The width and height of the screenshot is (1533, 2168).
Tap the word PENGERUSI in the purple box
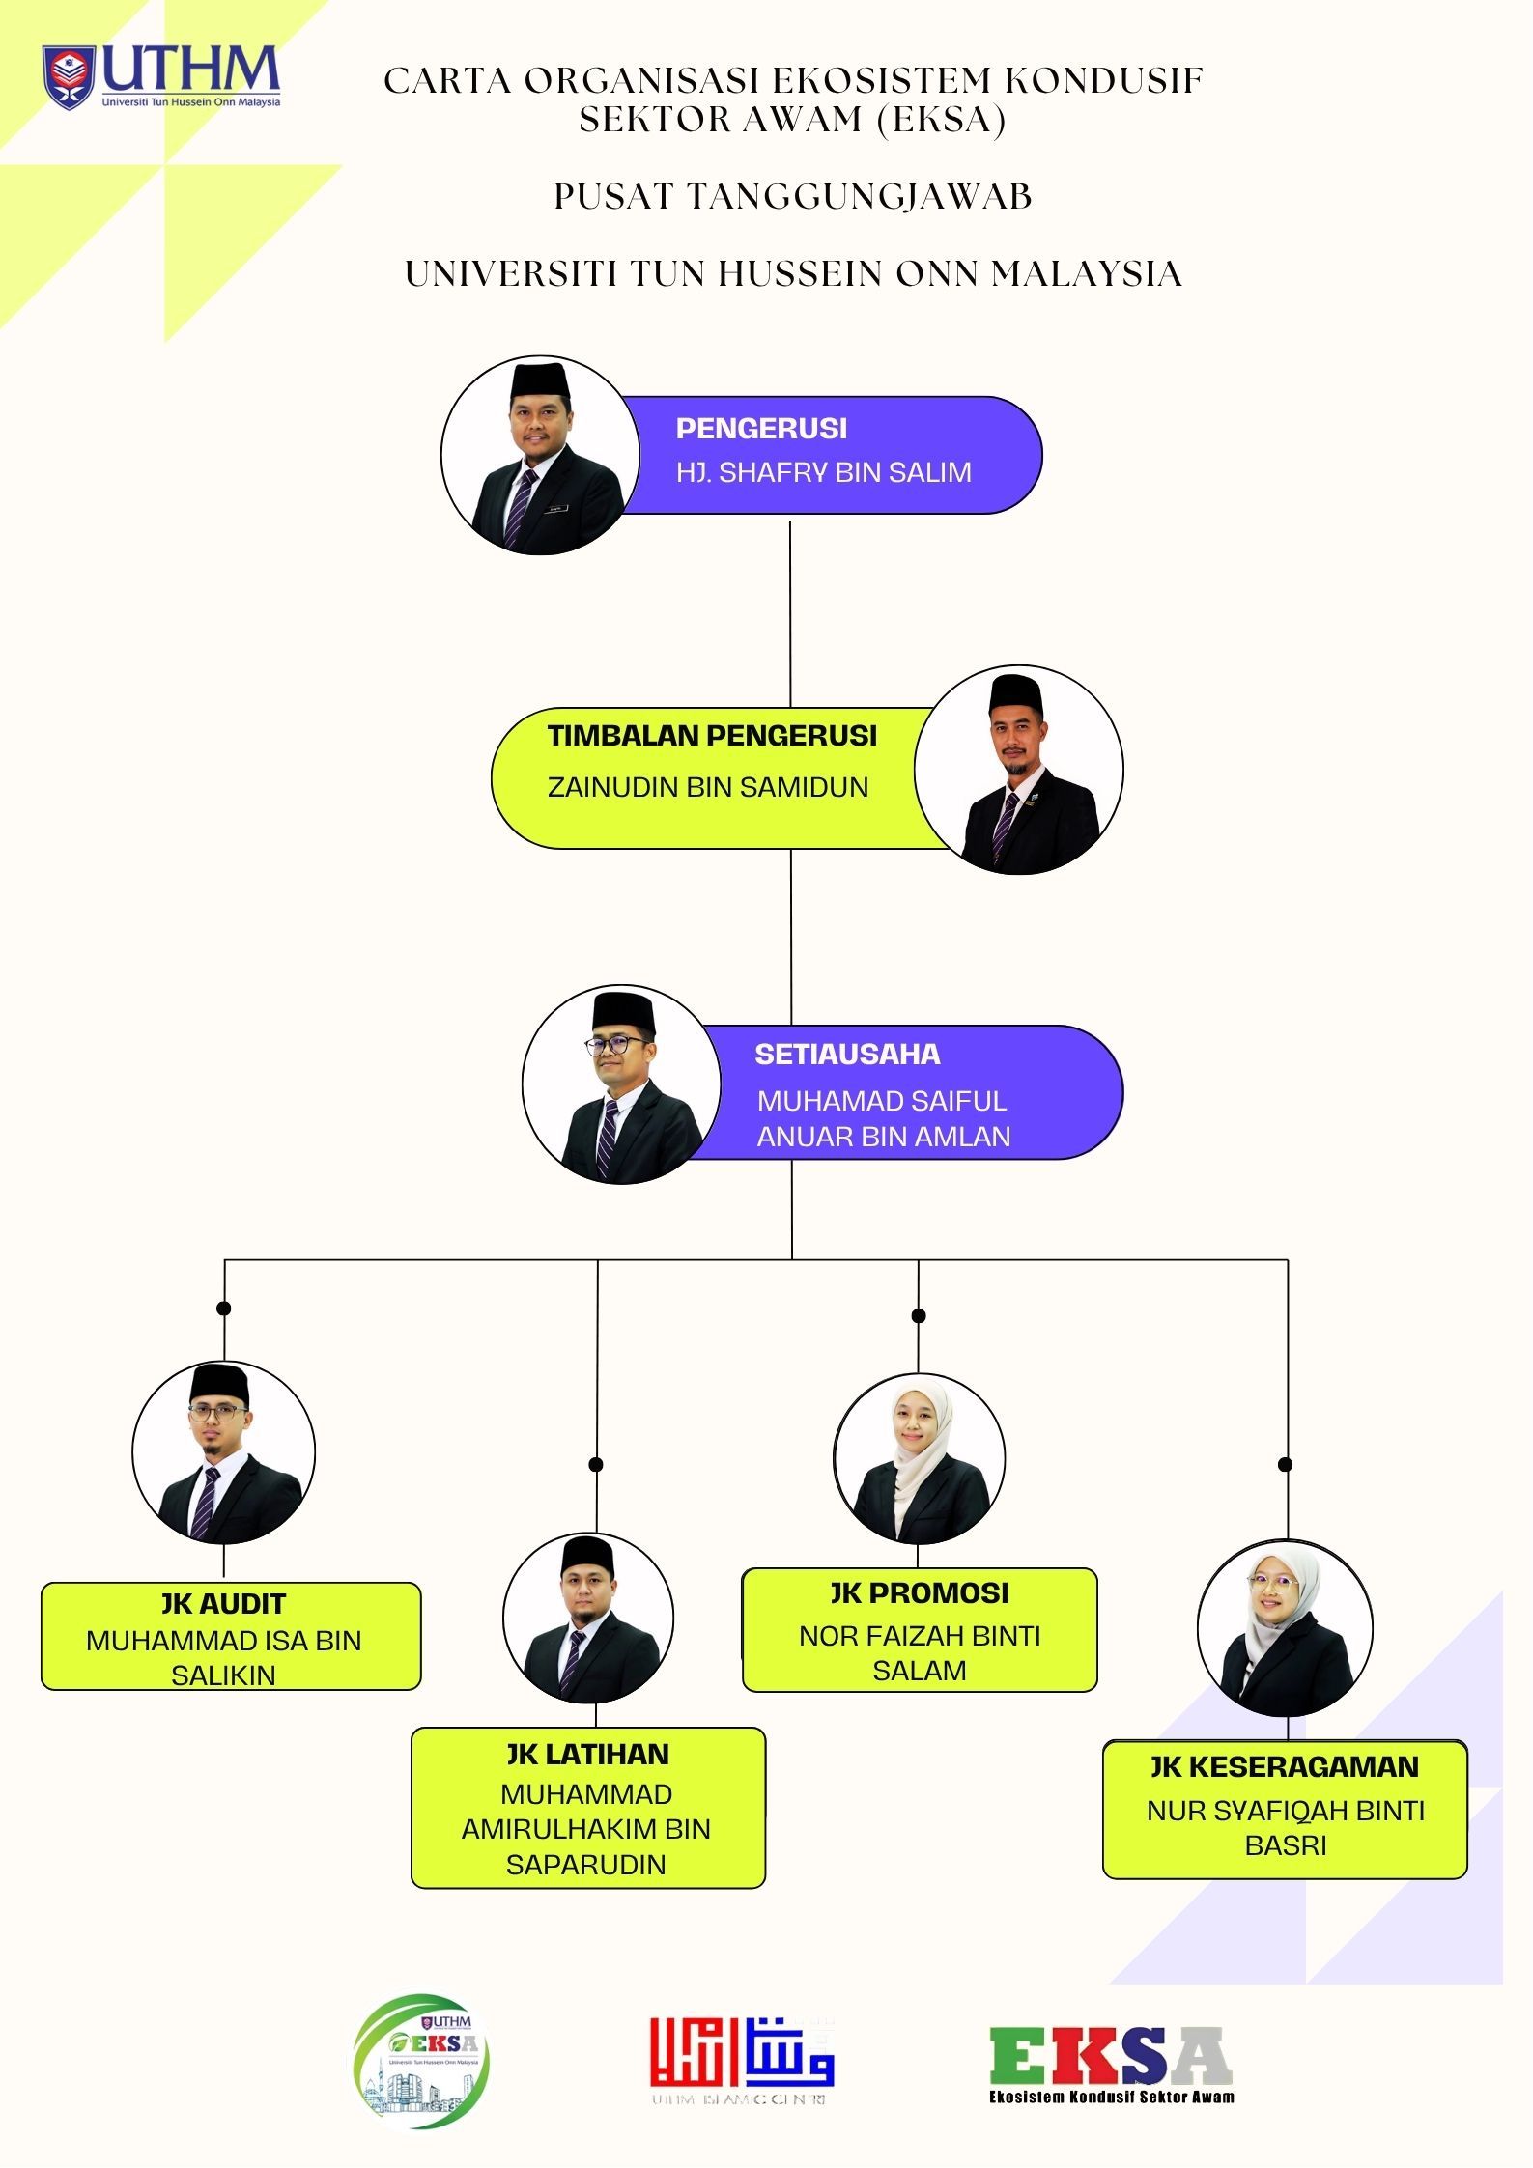[761, 428]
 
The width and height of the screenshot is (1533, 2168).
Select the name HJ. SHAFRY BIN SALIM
[823, 472]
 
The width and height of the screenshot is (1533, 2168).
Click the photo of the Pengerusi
[540, 456]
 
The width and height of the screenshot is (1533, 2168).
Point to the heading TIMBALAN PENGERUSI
[712, 736]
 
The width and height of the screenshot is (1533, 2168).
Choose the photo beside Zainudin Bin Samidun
[1019, 770]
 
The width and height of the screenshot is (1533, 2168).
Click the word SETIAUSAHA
[847, 1054]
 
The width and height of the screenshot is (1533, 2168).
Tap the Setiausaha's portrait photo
[621, 1085]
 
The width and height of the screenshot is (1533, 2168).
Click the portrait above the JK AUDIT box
[223, 1452]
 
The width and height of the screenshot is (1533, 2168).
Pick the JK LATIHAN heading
[587, 1754]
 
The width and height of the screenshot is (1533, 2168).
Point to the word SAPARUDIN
[586, 1865]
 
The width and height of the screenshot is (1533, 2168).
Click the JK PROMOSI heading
[919, 1592]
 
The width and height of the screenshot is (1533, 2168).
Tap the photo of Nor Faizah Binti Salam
[919, 1458]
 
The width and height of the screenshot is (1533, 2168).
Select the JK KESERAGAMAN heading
[1284, 1766]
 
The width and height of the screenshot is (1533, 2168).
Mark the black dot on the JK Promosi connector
[919, 1315]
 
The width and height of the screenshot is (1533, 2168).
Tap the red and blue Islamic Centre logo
[742, 2057]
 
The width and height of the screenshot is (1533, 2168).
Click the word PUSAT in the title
[613, 196]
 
